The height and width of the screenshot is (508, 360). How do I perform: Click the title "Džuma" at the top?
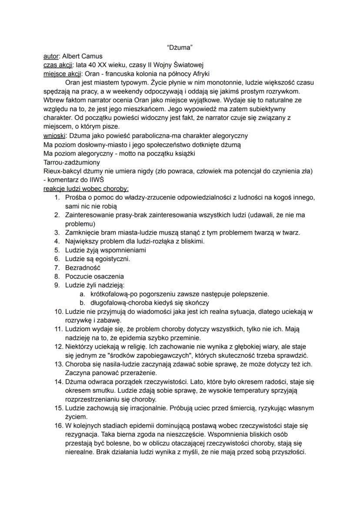pos(180,47)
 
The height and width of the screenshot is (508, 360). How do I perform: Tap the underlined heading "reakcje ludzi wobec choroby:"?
pos(86,189)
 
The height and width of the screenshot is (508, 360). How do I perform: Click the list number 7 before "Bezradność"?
pos(57,268)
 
